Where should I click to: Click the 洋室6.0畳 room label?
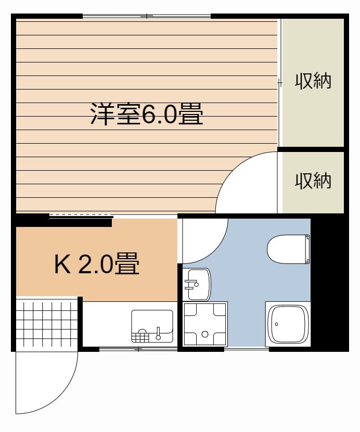click(x=147, y=114)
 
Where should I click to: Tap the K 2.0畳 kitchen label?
click(x=97, y=263)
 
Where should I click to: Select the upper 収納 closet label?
click(x=313, y=81)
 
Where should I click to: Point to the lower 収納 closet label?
click(x=313, y=181)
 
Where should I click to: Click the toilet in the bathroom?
click(x=288, y=249)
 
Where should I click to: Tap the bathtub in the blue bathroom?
click(x=288, y=324)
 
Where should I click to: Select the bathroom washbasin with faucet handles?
click(x=197, y=285)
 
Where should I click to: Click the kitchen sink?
click(x=152, y=326)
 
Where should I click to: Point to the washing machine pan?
click(x=205, y=324)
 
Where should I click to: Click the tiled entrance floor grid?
click(x=47, y=324)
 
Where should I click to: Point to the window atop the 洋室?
click(x=147, y=16)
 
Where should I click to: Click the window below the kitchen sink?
click(x=138, y=349)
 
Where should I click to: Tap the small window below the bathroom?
click(x=247, y=349)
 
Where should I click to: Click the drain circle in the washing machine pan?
click(x=205, y=334)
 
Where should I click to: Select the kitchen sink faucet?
click(x=158, y=333)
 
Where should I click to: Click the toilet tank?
click(x=307, y=249)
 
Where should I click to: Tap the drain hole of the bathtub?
click(x=276, y=324)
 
